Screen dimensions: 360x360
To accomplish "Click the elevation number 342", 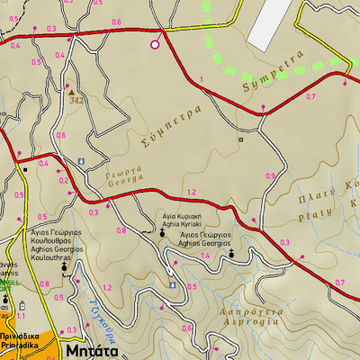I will click(76, 100).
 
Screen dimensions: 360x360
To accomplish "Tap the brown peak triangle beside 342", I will click(70, 91).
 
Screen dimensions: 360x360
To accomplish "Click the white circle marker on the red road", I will click(155, 43).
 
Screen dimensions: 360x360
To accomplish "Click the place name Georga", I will click(128, 181).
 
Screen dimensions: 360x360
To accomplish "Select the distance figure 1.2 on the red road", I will click(191, 193).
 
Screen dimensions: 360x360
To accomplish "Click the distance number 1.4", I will click(205, 256).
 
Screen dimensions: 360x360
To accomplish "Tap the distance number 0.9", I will click(271, 175).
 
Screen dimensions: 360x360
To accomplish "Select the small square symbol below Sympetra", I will click(240, 139).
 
